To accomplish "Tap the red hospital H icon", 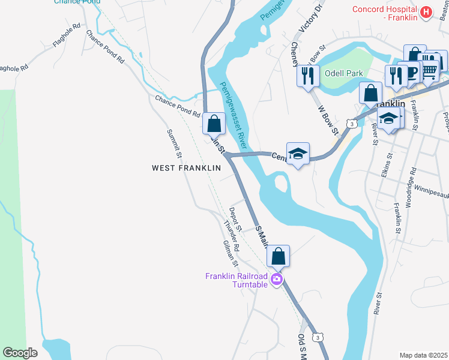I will pos(426,12).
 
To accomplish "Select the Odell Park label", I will pos(344,73).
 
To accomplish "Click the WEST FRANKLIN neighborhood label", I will pos(186,169).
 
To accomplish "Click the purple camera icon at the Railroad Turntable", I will pos(276,279).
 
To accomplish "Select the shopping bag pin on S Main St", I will pos(279,256).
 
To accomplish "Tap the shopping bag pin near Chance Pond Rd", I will pos(214,124).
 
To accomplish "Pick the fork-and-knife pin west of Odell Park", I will pos(307,76).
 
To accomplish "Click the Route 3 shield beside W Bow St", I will pos(353,124).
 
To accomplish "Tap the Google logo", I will pos(20,352).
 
